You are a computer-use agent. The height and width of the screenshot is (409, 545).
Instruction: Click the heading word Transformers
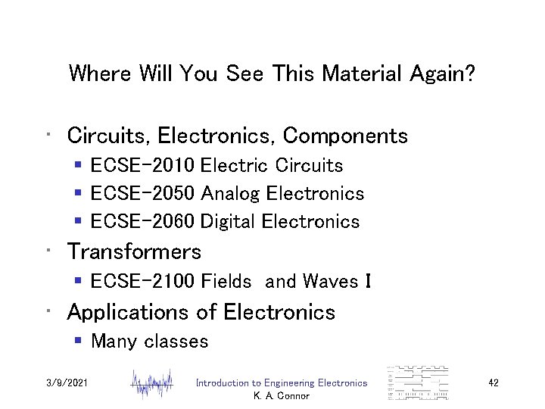click(134, 251)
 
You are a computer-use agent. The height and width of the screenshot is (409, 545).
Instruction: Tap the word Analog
click(229, 194)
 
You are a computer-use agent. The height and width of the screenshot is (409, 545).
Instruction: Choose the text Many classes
click(149, 342)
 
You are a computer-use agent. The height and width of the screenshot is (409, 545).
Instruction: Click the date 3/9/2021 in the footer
click(67, 383)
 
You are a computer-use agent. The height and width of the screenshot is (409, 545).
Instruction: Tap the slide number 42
click(494, 383)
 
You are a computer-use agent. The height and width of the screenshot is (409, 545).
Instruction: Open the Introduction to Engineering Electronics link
click(282, 383)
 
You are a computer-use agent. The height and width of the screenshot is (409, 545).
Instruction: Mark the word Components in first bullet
click(345, 136)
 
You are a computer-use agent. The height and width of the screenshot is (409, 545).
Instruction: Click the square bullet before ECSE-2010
click(79, 166)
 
